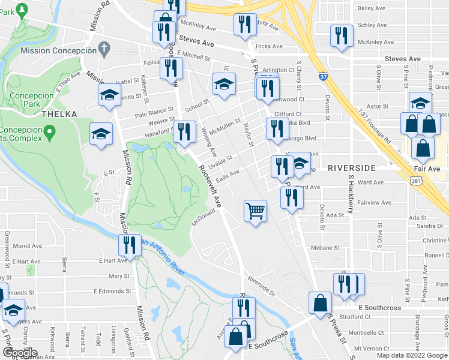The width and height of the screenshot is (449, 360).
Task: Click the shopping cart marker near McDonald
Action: coord(256,211)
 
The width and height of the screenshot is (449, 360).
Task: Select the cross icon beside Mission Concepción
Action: coord(103,46)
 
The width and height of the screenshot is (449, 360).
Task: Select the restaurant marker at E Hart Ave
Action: coord(130,244)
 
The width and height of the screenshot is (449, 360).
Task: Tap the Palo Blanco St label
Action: coord(154,110)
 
